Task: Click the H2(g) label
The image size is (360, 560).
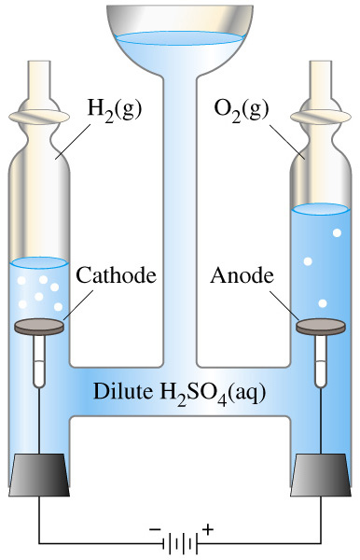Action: pyautogui.click(x=115, y=109)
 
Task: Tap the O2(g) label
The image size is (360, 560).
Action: pyautogui.click(x=242, y=109)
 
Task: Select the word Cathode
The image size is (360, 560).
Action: pyautogui.click(x=117, y=275)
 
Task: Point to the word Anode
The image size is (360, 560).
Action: pyautogui.click(x=242, y=275)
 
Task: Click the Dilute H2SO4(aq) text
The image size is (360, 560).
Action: pyautogui.click(x=179, y=393)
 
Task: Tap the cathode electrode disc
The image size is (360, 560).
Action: pyautogui.click(x=39, y=327)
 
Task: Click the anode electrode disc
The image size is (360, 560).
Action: pyautogui.click(x=321, y=327)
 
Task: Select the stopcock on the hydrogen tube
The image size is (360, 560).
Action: pyautogui.click(x=39, y=117)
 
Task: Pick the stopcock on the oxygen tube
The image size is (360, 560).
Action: pyautogui.click(x=321, y=117)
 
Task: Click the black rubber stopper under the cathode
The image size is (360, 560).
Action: pyautogui.click(x=39, y=475)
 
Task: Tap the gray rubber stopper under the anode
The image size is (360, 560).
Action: pyautogui.click(x=321, y=475)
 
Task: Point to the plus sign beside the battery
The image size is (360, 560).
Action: pyautogui.click(x=208, y=529)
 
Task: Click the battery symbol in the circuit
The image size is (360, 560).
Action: pyautogui.click(x=180, y=543)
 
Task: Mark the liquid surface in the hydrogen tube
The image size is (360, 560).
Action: pyautogui.click(x=39, y=262)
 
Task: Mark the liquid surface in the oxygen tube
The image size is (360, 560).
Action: pyautogui.click(x=320, y=209)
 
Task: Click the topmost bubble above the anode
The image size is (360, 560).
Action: pyautogui.click(x=337, y=232)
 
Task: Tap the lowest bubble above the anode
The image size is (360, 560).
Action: pyautogui.click(x=323, y=303)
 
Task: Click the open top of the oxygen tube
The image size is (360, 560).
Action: pyautogui.click(x=321, y=63)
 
